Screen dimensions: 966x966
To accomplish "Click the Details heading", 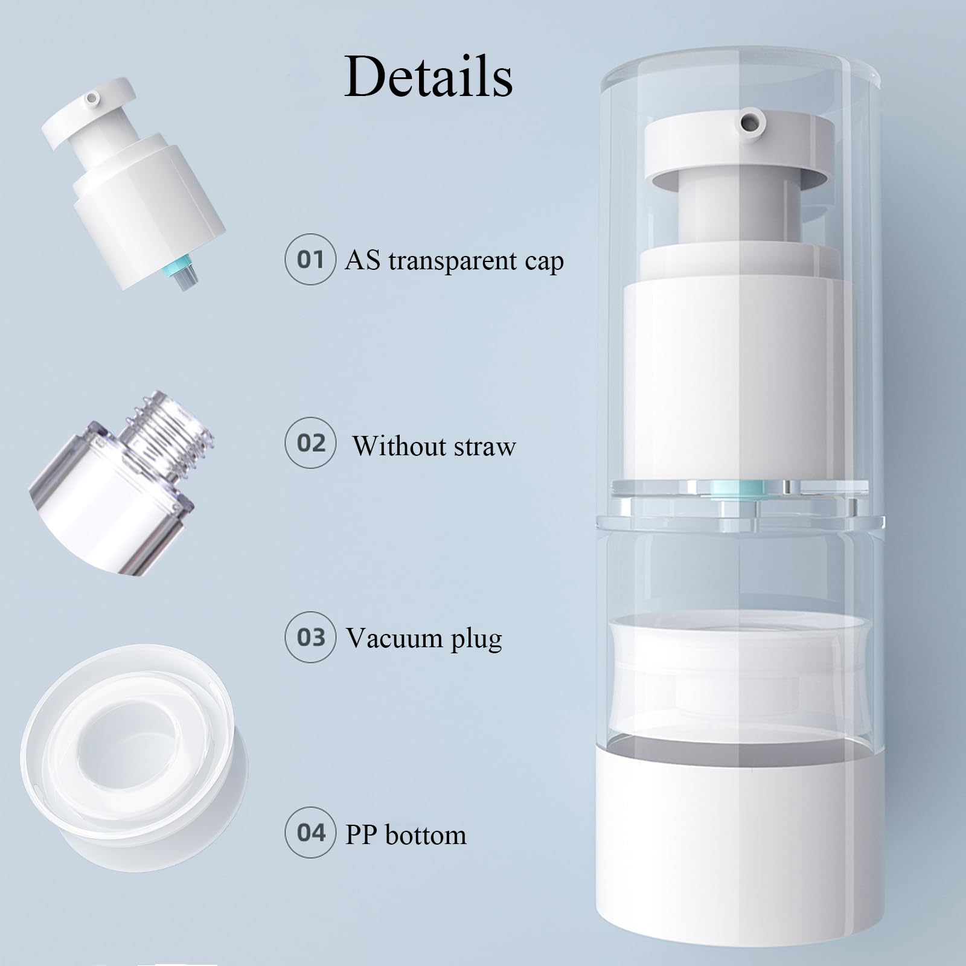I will point(429,77).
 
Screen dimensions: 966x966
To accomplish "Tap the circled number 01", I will point(310,260).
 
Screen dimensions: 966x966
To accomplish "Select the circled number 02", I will point(310,443).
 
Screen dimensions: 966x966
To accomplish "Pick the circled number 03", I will point(310,637).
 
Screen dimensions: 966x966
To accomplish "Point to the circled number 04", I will point(310,833).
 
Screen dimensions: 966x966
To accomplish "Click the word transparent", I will point(453,261).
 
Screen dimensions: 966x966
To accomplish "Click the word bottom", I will point(426,835).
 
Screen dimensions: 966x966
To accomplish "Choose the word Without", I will point(398,447).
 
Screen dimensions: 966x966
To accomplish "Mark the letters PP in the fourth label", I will point(360,835).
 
